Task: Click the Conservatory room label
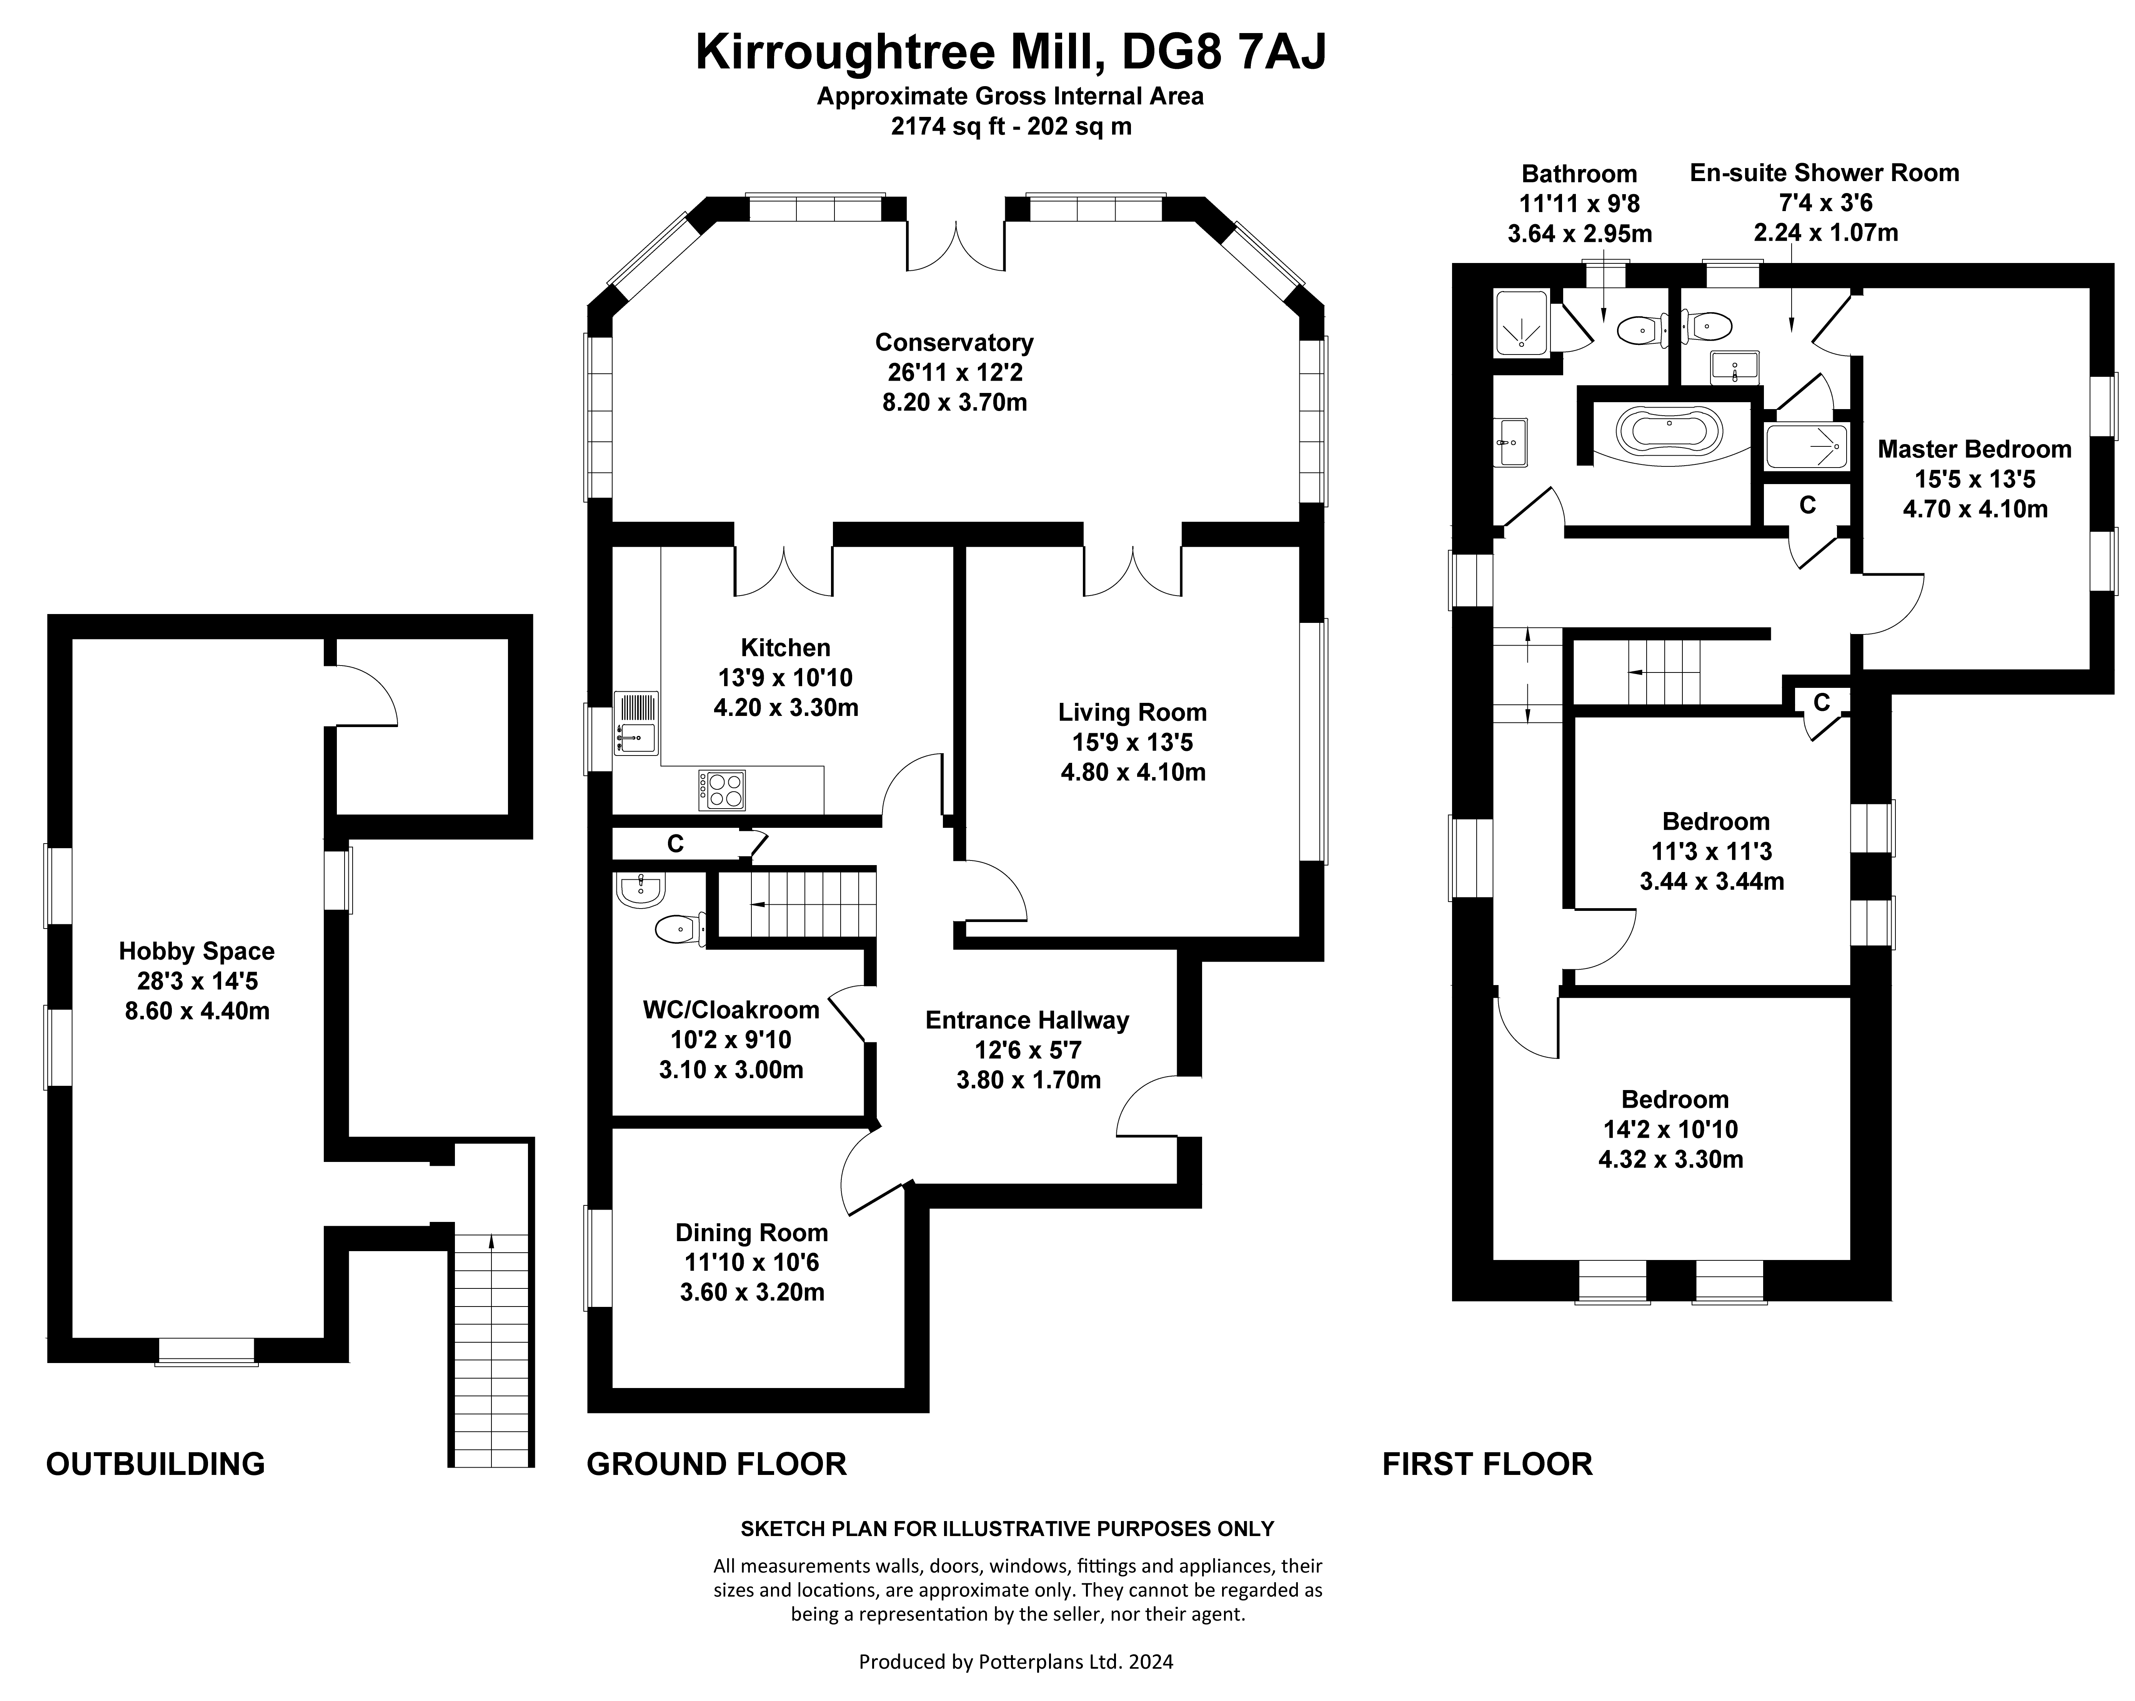[x=954, y=343]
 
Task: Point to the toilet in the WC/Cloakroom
[x=680, y=929]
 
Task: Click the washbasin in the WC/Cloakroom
[x=640, y=889]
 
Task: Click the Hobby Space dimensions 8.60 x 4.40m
[x=197, y=1011]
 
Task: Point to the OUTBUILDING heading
[x=155, y=1463]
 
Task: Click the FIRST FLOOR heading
[x=1487, y=1463]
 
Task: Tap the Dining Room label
[x=752, y=1233]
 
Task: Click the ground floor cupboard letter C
[x=675, y=844]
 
